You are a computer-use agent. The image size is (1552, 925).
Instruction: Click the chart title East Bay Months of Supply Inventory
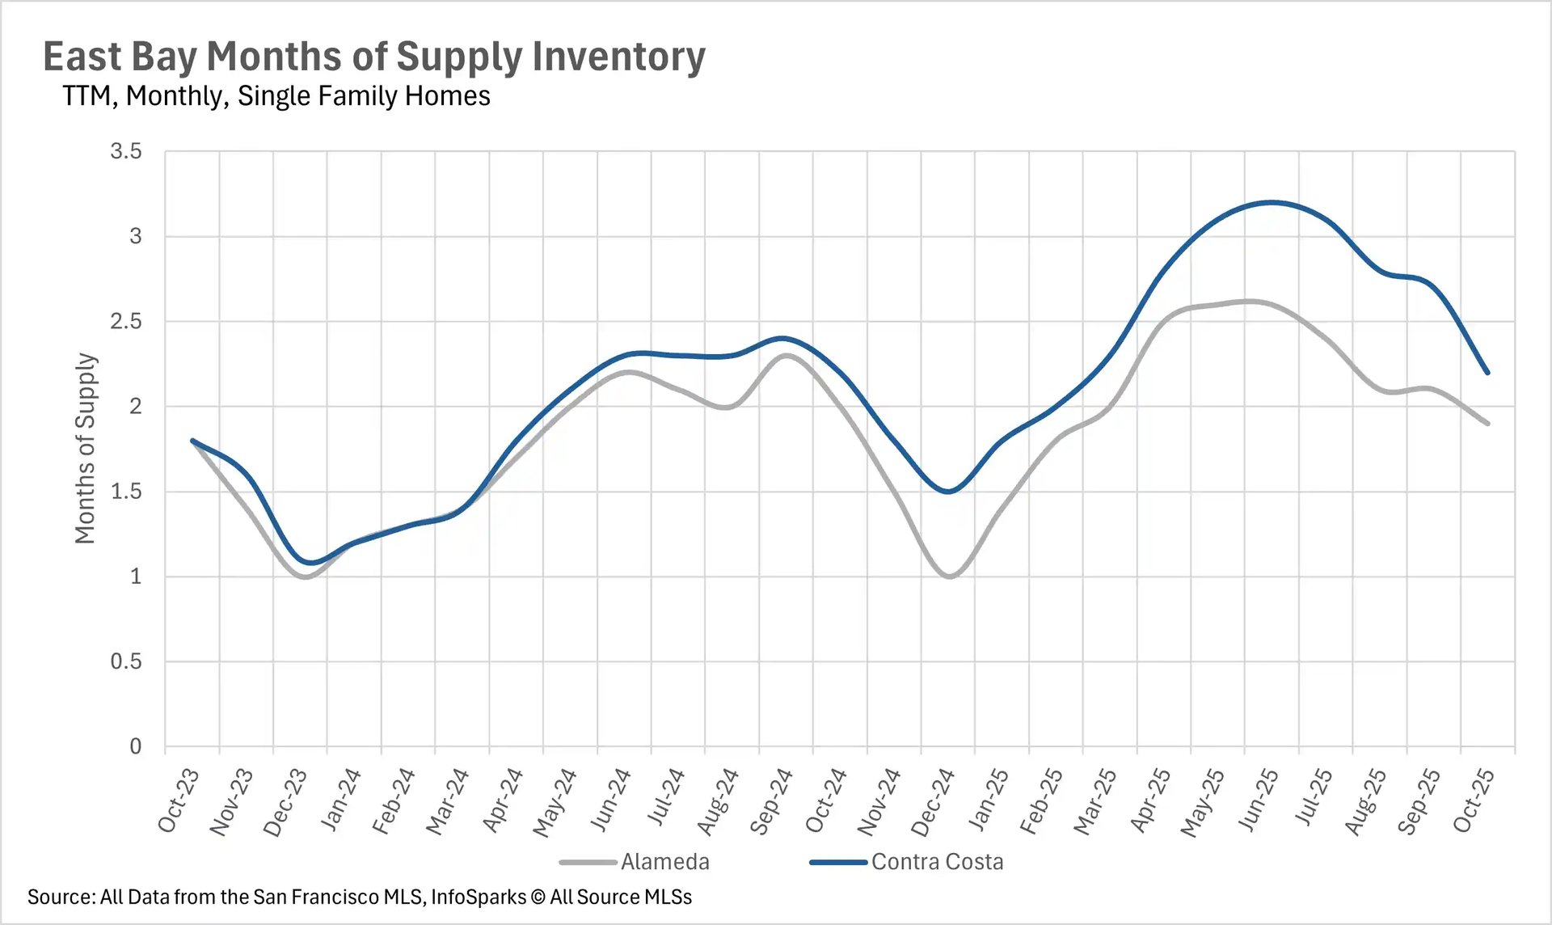point(373,57)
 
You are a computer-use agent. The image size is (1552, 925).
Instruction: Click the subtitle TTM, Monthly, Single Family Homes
point(276,96)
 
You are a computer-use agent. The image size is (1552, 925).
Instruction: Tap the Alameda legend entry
point(664,862)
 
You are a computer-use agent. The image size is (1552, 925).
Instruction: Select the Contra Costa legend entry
point(937,862)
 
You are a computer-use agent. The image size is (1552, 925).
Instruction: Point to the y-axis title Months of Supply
point(86,448)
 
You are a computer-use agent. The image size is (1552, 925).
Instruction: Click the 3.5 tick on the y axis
point(126,151)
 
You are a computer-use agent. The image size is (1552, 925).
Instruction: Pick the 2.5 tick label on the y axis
point(126,321)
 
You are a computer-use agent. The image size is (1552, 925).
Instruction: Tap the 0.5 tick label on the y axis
point(126,661)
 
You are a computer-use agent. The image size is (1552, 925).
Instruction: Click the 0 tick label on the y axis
point(136,746)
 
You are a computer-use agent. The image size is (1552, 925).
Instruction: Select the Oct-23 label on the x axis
point(179,800)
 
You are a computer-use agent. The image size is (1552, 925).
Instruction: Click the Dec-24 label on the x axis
point(933,802)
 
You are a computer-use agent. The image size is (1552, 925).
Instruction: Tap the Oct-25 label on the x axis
point(1474,800)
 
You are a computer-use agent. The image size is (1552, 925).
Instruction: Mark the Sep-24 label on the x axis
point(771,801)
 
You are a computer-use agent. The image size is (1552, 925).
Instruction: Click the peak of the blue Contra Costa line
point(1272,202)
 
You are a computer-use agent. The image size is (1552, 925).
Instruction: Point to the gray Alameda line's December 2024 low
point(950,577)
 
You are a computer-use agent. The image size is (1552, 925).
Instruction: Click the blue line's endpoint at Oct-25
point(1487,373)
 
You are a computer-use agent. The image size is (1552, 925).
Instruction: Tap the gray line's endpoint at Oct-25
point(1487,423)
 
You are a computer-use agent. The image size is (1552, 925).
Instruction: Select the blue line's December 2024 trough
point(948,492)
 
